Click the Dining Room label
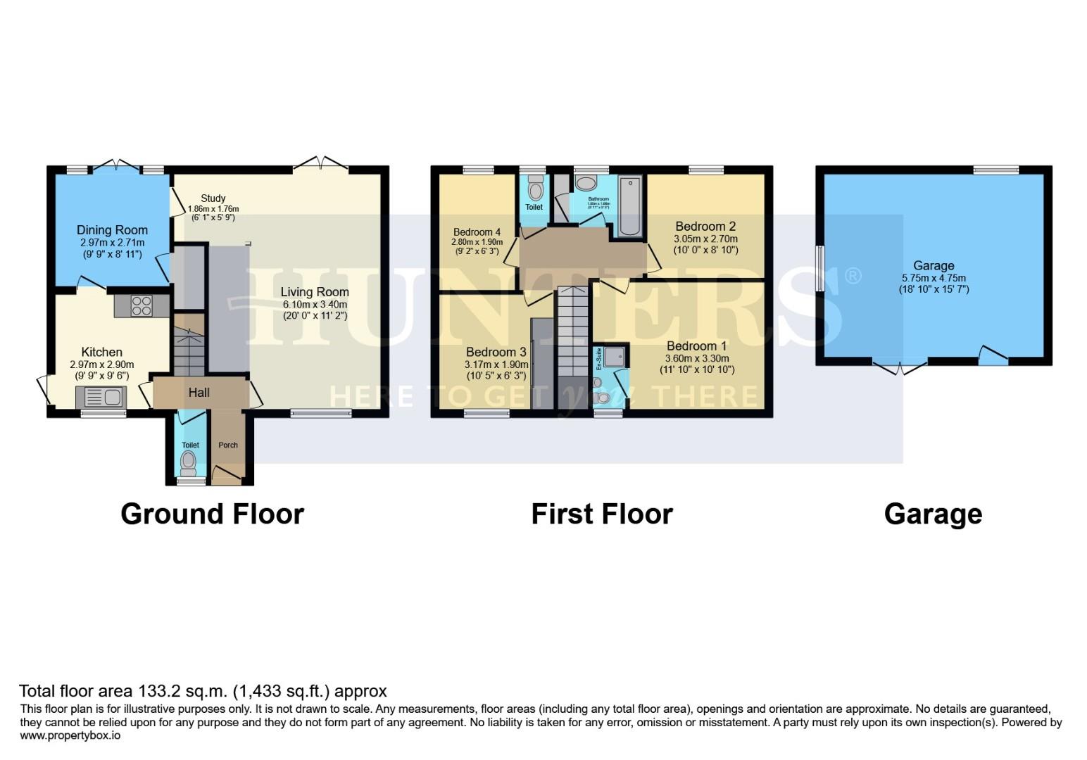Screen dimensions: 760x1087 112,230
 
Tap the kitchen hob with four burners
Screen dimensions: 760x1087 142,305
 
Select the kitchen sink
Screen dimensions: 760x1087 103,398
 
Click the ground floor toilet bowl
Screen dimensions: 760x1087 188,462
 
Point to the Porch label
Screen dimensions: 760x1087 228,445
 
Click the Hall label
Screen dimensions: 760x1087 199,393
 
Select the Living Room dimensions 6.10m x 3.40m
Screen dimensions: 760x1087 315,304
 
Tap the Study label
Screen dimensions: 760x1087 213,198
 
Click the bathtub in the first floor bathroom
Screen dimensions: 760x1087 629,205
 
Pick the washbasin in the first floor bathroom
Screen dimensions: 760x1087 585,184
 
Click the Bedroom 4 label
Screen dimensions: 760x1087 477,232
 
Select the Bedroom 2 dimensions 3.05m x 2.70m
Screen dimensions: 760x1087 705,239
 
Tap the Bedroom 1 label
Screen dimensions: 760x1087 696,346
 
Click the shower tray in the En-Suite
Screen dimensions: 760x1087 614,356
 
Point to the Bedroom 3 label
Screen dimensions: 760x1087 496,352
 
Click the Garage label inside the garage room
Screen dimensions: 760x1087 934,265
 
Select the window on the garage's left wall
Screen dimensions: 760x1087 819,268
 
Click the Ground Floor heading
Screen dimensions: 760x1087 212,514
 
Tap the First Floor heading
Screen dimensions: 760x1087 601,514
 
